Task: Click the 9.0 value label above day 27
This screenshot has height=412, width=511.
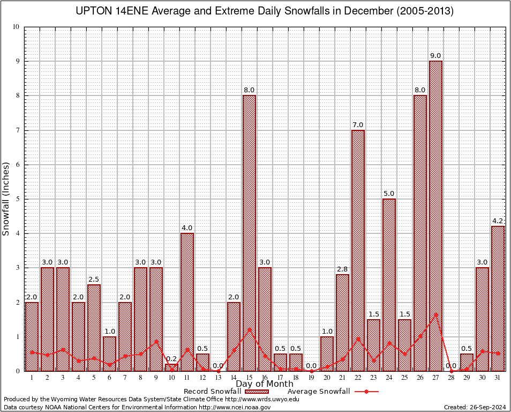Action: pyautogui.click(x=435, y=56)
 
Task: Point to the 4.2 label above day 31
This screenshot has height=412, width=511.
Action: pyautogui.click(x=498, y=221)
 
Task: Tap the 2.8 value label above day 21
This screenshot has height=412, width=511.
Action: pyautogui.click(x=342, y=269)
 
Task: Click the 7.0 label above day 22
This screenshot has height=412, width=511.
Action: pyautogui.click(x=358, y=125)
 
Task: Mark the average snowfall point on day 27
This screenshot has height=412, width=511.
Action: pyautogui.click(x=435, y=314)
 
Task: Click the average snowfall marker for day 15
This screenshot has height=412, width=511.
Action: pyautogui.click(x=249, y=329)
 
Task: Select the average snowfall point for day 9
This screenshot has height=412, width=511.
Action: pyautogui.click(x=156, y=341)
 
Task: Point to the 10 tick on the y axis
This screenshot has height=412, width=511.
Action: pyautogui.click(x=16, y=27)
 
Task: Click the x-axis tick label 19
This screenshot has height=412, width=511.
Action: pyautogui.click(x=311, y=378)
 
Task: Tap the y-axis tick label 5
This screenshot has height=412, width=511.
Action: pyautogui.click(x=18, y=199)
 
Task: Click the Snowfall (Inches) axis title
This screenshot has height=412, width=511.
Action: pyautogui.click(x=6, y=198)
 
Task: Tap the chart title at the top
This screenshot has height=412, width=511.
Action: pyautogui.click(x=265, y=11)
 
